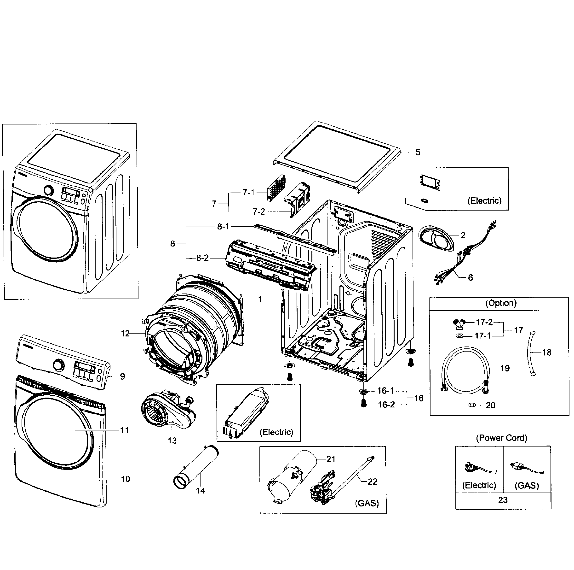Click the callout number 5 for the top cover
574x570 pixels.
click(x=418, y=152)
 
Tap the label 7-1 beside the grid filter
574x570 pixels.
click(x=248, y=193)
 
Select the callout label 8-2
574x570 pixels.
click(x=203, y=258)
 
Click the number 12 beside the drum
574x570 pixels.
click(x=125, y=334)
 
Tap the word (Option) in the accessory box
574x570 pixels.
click(x=501, y=303)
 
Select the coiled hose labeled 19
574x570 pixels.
click(x=464, y=372)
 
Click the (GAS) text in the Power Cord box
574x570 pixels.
click(x=527, y=486)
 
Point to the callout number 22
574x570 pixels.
click(x=372, y=481)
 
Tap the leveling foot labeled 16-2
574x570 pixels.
click(x=363, y=404)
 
